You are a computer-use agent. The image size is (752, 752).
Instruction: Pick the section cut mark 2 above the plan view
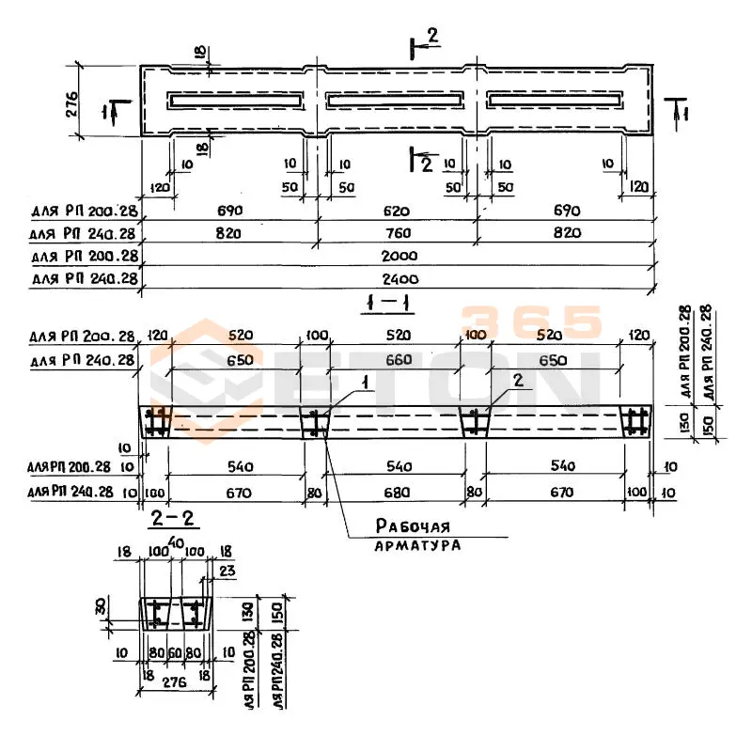tap(431, 38)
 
